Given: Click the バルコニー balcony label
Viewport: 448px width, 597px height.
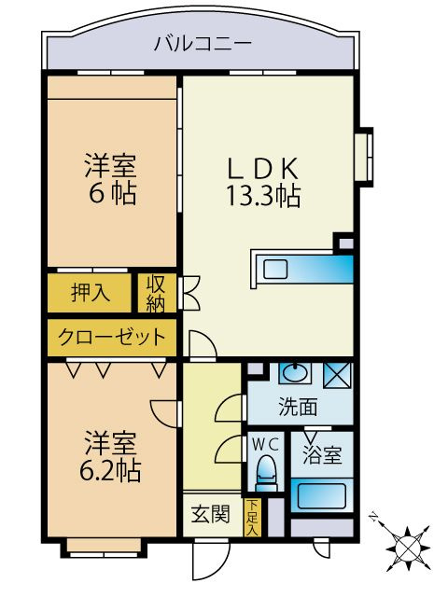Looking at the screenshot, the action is tap(203, 43).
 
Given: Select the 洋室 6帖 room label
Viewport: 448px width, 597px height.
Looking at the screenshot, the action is tap(111, 179).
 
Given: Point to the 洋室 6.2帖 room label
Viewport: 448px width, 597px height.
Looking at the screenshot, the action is tap(110, 456).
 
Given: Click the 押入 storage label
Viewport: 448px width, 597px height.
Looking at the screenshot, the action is tap(91, 293).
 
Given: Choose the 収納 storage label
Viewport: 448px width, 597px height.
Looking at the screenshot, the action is tap(157, 293).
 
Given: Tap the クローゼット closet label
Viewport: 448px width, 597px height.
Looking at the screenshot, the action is tap(112, 337).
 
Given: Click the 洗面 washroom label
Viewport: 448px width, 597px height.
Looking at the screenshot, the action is tap(298, 407).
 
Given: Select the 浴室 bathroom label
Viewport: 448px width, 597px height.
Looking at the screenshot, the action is tap(322, 455).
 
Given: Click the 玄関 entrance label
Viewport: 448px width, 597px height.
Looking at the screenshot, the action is tap(211, 514).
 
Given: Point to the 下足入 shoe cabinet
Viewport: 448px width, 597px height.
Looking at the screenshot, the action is tap(251, 518).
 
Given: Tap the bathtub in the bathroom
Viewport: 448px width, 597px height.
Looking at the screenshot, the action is tap(322, 495).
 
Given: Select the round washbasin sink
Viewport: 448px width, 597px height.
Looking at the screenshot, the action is tap(295, 372).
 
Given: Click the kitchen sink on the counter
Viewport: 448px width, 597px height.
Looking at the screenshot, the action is tap(275, 270).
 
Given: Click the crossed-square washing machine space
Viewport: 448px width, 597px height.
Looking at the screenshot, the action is tap(337, 375).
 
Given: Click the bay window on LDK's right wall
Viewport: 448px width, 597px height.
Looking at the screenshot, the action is tap(364, 157).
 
